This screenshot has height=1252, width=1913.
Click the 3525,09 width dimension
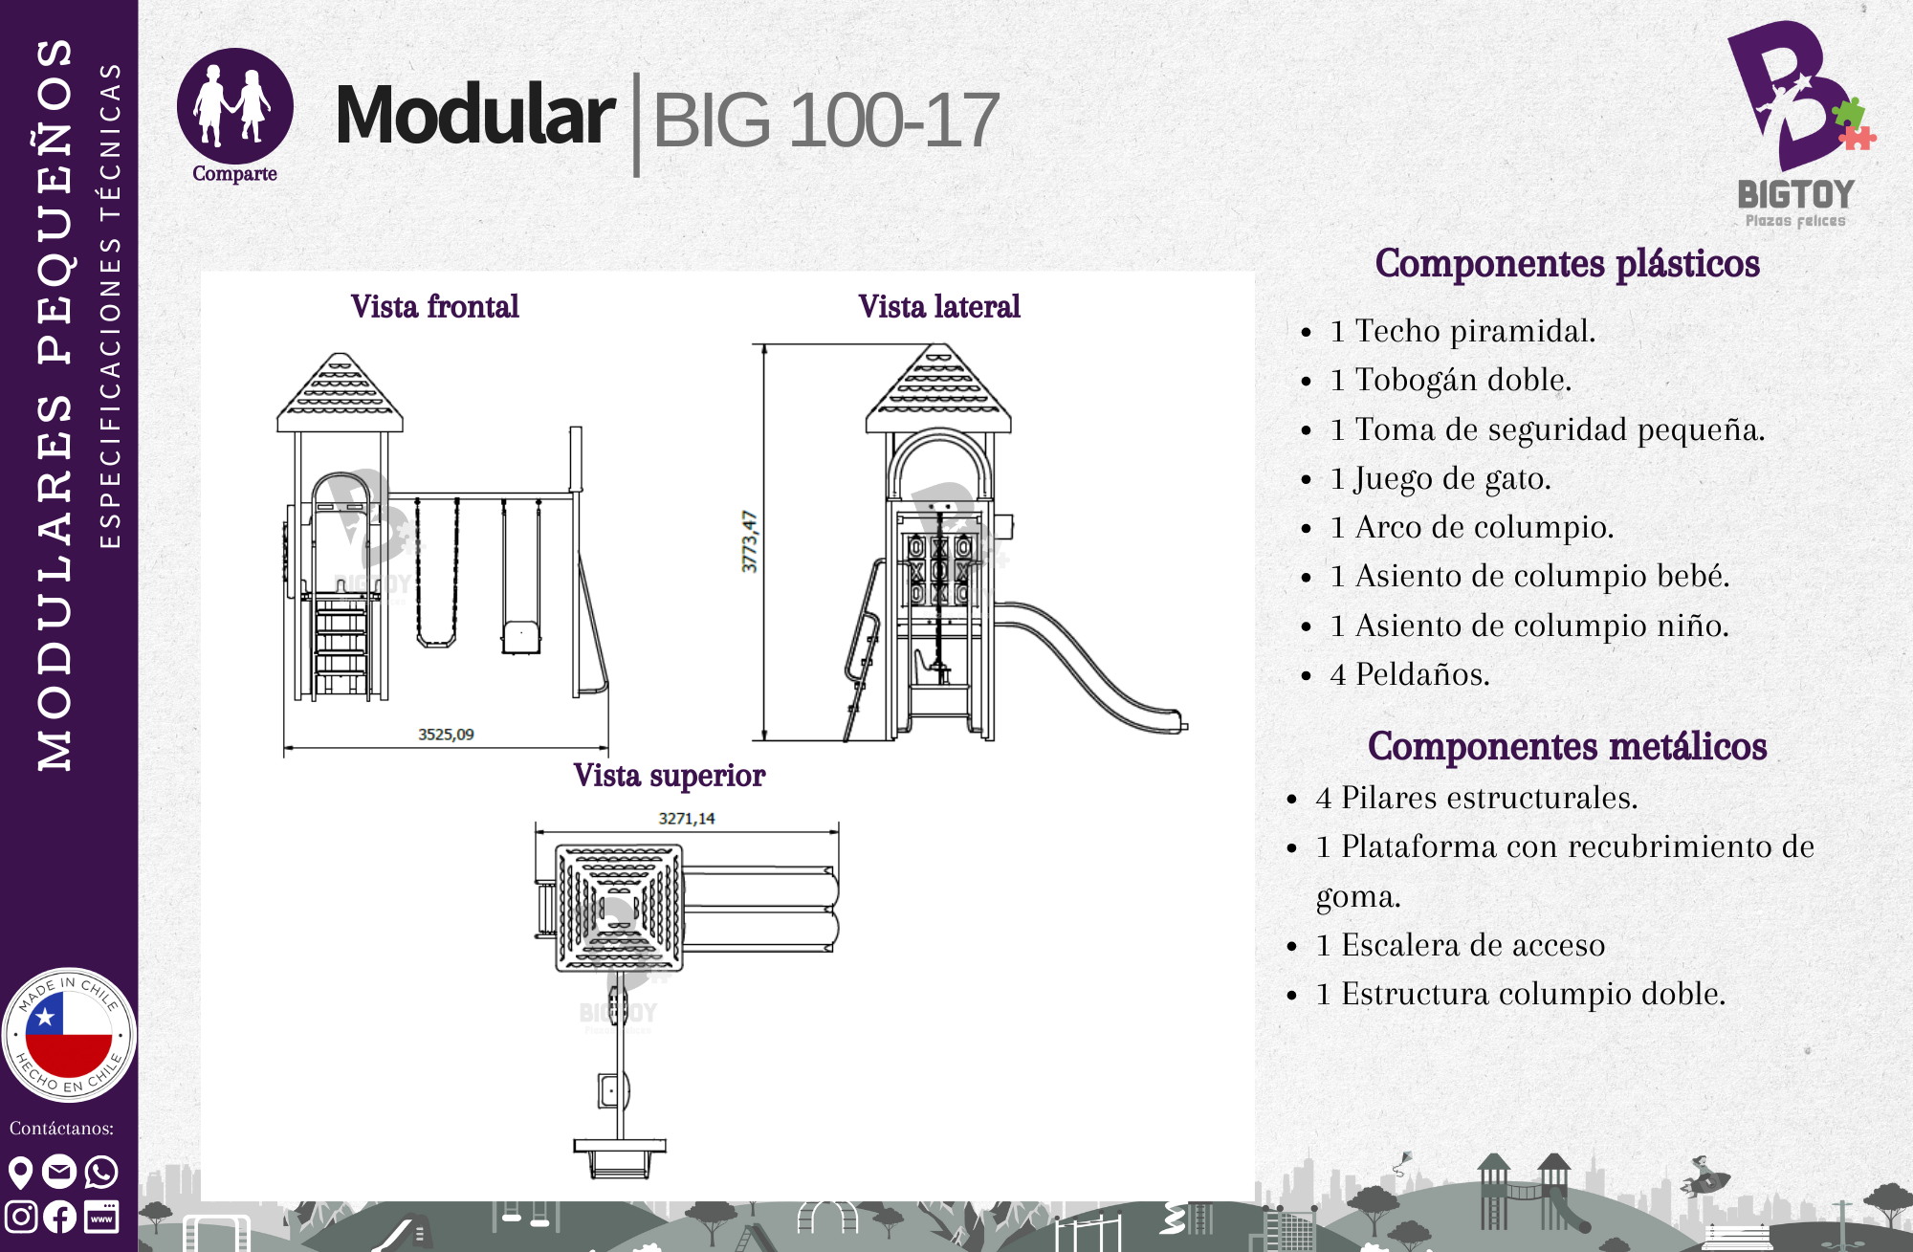(446, 735)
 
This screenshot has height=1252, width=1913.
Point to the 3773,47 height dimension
(750, 541)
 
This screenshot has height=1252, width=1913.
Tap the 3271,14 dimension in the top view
(687, 819)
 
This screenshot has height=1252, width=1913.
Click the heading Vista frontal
(435, 307)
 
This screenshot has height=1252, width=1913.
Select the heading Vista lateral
(939, 307)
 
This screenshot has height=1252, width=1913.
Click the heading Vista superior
(670, 776)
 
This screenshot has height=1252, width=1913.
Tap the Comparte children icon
(234, 106)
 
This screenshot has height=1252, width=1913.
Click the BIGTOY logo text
(1796, 195)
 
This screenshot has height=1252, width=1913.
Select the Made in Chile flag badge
(69, 1035)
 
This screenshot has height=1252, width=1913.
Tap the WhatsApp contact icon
(101, 1172)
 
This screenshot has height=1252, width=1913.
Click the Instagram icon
(21, 1217)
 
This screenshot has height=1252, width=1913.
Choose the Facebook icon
(60, 1217)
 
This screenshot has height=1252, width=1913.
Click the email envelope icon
(59, 1172)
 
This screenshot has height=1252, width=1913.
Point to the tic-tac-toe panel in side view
(939, 570)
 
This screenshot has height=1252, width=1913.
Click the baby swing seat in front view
(521, 637)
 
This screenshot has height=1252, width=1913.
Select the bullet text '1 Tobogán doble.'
(1451, 381)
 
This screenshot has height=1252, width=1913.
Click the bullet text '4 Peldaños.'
(1410, 675)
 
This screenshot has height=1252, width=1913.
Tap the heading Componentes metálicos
(1568, 747)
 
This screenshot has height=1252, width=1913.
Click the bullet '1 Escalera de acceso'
(1461, 946)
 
